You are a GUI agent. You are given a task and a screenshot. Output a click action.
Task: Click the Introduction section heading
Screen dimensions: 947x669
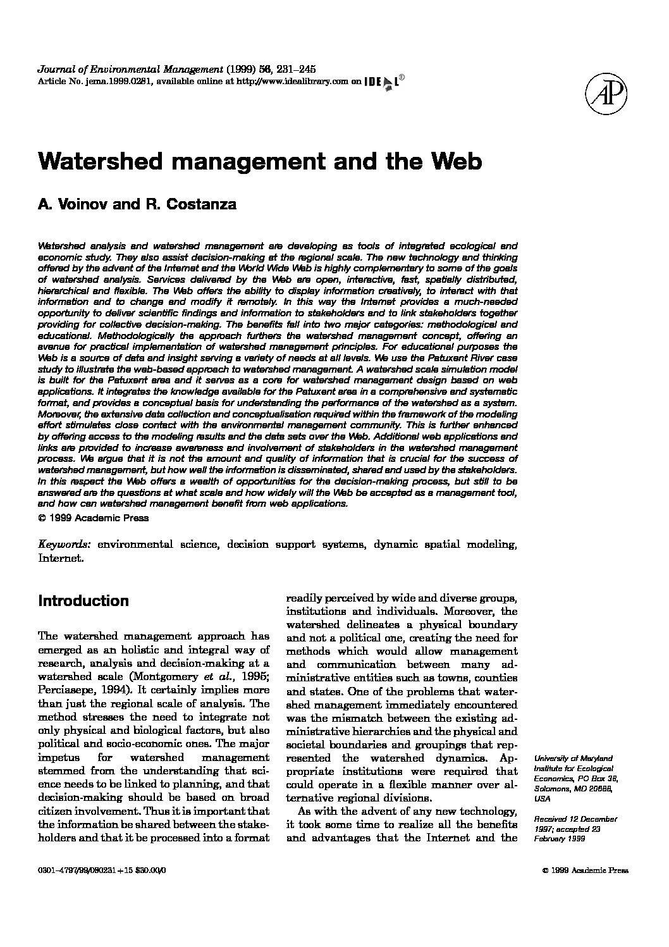pyautogui.click(x=83, y=601)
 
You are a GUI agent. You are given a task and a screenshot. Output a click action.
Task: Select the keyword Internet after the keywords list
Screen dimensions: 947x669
pyautogui.click(x=60, y=559)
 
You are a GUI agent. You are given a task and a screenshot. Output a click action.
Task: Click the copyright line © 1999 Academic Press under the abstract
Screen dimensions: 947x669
pyautogui.click(x=94, y=517)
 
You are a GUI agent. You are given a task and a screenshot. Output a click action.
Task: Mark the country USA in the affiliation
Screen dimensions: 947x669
pyautogui.click(x=543, y=799)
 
